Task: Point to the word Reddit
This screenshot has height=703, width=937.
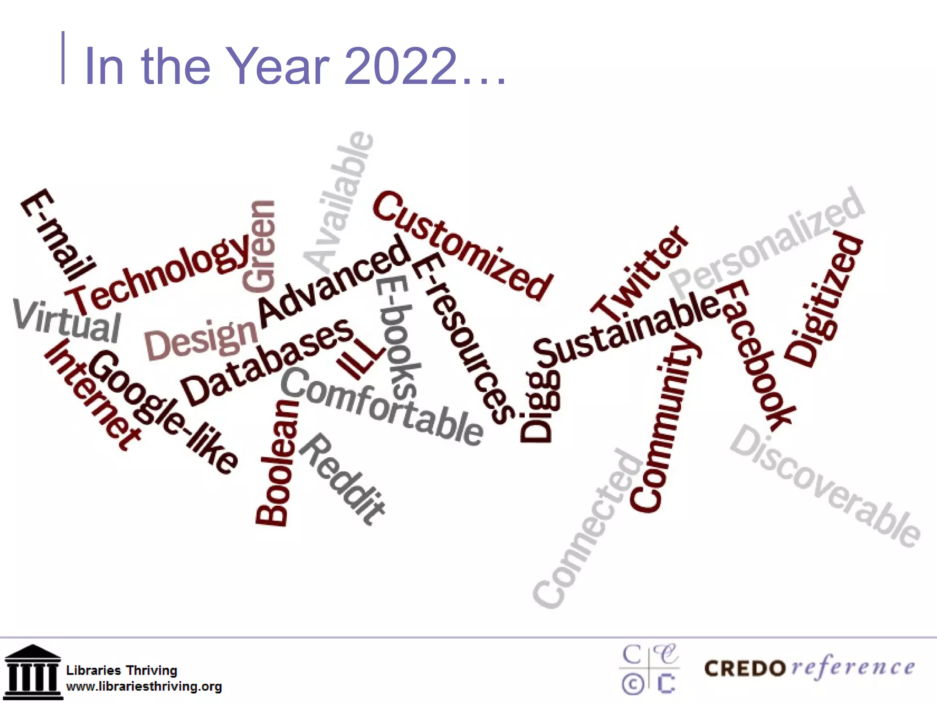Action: pyautogui.click(x=343, y=478)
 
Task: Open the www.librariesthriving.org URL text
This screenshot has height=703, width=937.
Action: pyautogui.click(x=144, y=687)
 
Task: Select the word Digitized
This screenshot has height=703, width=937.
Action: pyautogui.click(x=824, y=300)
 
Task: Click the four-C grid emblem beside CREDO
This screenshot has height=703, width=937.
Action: pyautogui.click(x=650, y=669)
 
